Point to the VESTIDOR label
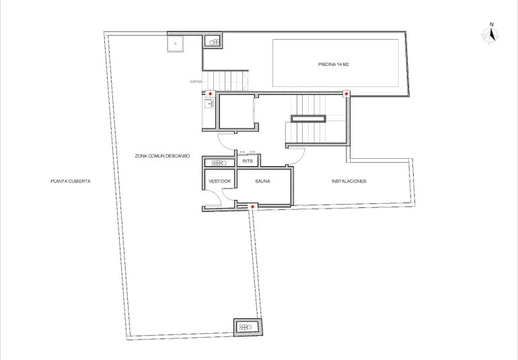click(x=219, y=182)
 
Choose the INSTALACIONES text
click(x=348, y=182)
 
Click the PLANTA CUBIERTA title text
click(x=70, y=181)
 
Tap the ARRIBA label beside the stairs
click(x=196, y=81)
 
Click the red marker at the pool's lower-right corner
click(x=346, y=94)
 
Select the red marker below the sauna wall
click(x=252, y=207)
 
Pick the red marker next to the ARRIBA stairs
click(x=211, y=94)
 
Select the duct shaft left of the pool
click(x=215, y=42)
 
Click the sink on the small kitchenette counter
click(x=209, y=104)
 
